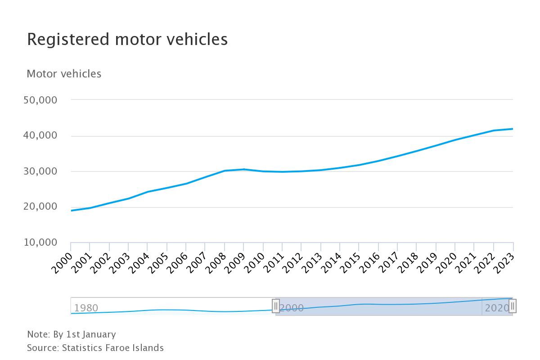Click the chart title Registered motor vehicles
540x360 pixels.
point(127,39)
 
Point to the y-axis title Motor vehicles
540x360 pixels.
point(64,74)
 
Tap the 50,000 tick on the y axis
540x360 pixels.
point(40,100)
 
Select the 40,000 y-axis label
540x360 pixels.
point(40,135)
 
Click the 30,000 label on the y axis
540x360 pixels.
point(40,171)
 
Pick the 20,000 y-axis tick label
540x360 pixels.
point(40,207)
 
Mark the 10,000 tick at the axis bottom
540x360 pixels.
point(40,243)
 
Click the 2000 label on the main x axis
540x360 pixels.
point(62,263)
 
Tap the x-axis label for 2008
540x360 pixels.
point(216,263)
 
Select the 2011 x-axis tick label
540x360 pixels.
point(274,263)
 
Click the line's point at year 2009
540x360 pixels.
point(244,169)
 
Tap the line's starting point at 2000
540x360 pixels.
point(71,211)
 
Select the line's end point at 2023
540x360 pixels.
point(513,129)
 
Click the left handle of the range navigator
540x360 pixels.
point(276,306)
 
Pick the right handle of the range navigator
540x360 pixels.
point(513,306)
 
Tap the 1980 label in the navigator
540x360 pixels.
point(86,308)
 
